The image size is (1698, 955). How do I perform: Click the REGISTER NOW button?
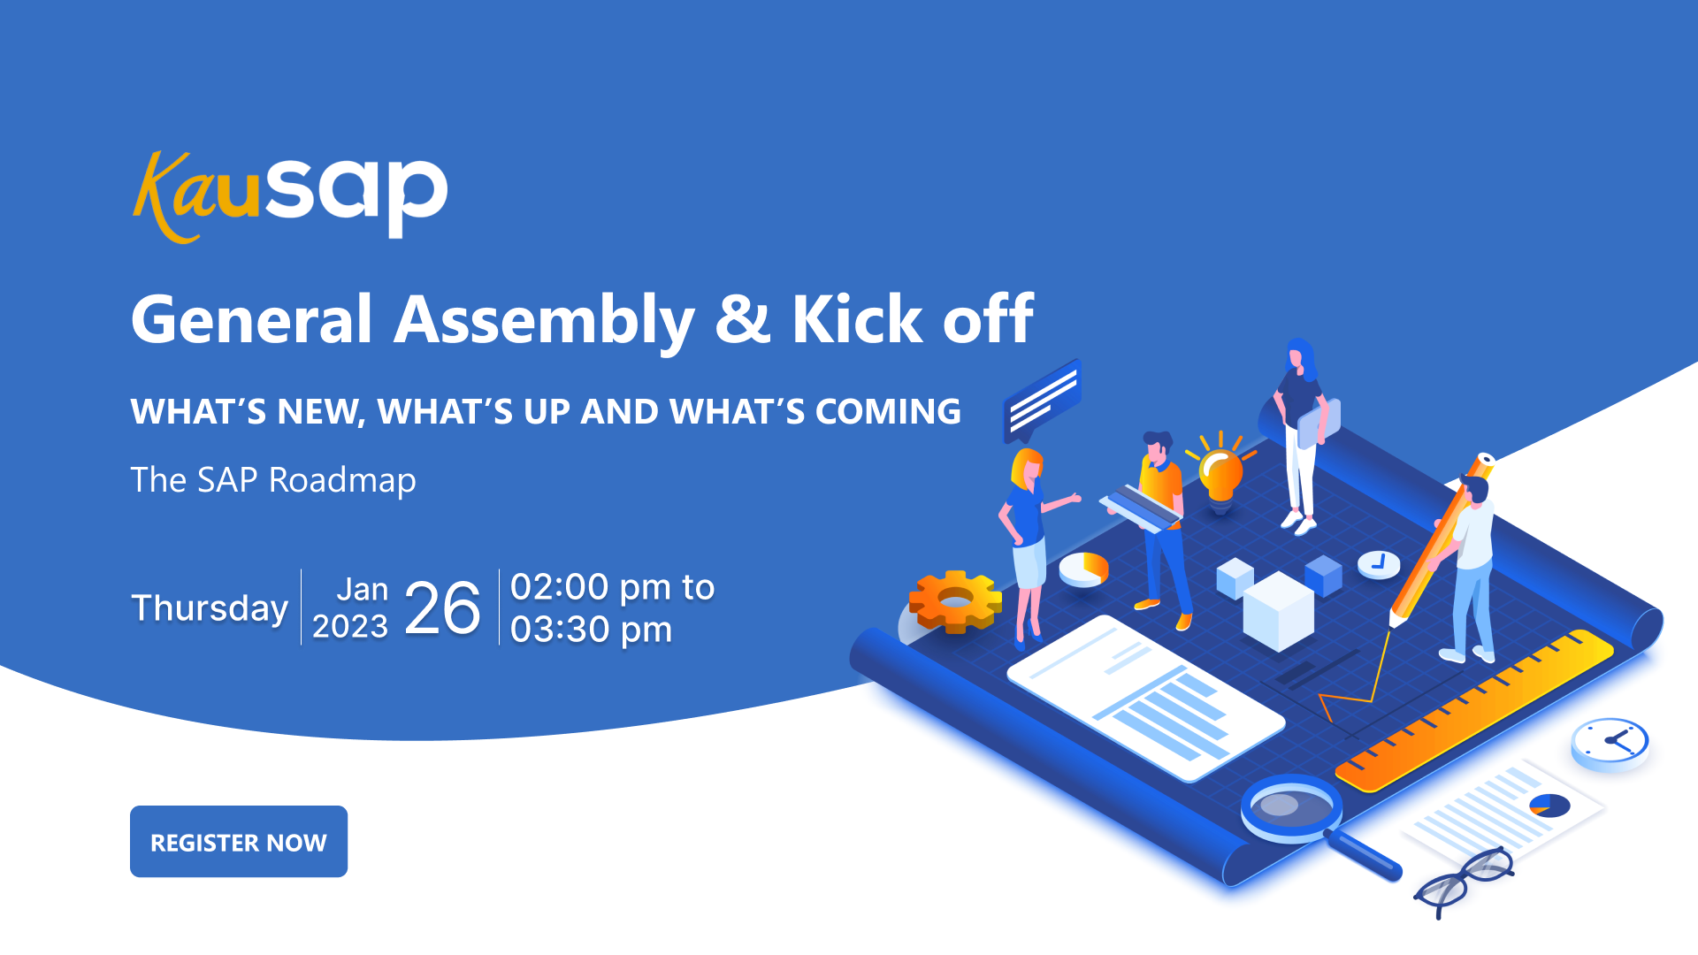click(239, 841)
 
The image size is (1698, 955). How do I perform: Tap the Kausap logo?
click(290, 196)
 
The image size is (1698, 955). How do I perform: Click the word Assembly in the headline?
click(544, 320)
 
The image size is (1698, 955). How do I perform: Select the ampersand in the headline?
click(743, 318)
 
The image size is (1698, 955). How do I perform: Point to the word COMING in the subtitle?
click(888, 411)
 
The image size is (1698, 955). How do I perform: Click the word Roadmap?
click(342, 480)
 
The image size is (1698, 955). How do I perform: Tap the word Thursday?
click(210, 608)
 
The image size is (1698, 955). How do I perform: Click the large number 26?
click(442, 608)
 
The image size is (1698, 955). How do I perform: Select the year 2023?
click(350, 626)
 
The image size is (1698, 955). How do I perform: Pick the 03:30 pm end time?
click(591, 630)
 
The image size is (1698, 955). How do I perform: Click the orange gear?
click(956, 601)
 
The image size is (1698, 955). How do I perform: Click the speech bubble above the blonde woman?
click(1043, 401)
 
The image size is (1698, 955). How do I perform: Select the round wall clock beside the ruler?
click(1610, 743)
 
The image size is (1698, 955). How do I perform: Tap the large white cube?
click(1278, 611)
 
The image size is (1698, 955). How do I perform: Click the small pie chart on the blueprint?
click(1084, 569)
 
